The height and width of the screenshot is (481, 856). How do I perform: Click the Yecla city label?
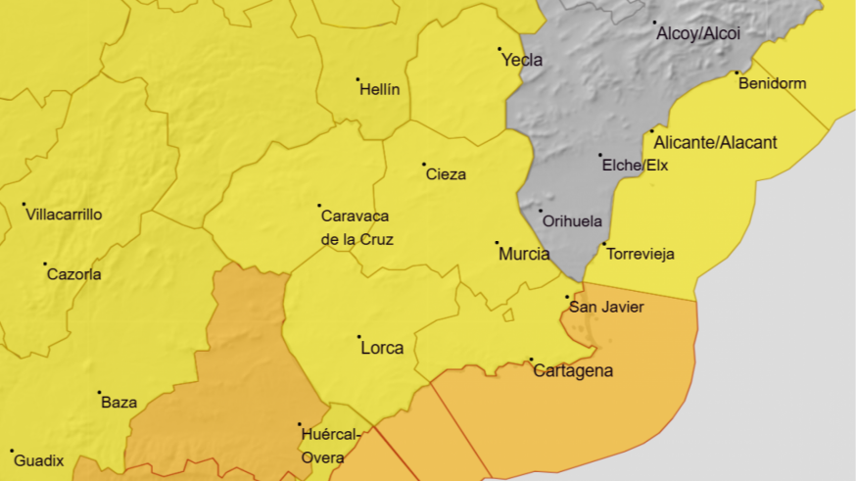coord(522,60)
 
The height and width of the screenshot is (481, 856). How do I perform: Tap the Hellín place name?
coord(380,89)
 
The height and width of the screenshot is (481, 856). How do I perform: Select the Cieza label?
coord(446,175)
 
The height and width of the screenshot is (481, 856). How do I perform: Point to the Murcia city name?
coord(524,254)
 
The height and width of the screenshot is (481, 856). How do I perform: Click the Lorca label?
coord(382,348)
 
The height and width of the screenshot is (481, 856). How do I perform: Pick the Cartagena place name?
coord(573,370)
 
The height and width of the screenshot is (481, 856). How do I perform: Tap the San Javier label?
coord(606,308)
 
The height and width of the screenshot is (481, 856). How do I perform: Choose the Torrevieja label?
coord(641,255)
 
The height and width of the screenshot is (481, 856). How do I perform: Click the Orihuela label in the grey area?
coord(572,221)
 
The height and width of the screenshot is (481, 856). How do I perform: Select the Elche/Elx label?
coord(635,166)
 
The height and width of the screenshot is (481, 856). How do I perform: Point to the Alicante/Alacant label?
coord(715,143)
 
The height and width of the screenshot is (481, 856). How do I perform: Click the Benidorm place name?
coord(772,83)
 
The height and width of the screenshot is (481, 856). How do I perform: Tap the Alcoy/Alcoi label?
coord(698,33)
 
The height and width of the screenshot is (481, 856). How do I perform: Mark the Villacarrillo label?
coord(64,215)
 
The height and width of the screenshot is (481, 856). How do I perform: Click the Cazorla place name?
coord(73,274)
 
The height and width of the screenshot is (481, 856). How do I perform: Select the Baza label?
coord(119,403)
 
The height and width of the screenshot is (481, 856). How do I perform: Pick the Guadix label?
coord(39,460)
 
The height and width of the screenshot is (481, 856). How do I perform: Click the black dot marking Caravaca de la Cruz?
coord(319,206)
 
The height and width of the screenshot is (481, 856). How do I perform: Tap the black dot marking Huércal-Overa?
coord(300,424)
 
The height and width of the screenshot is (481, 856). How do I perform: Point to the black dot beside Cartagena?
coord(531,360)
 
